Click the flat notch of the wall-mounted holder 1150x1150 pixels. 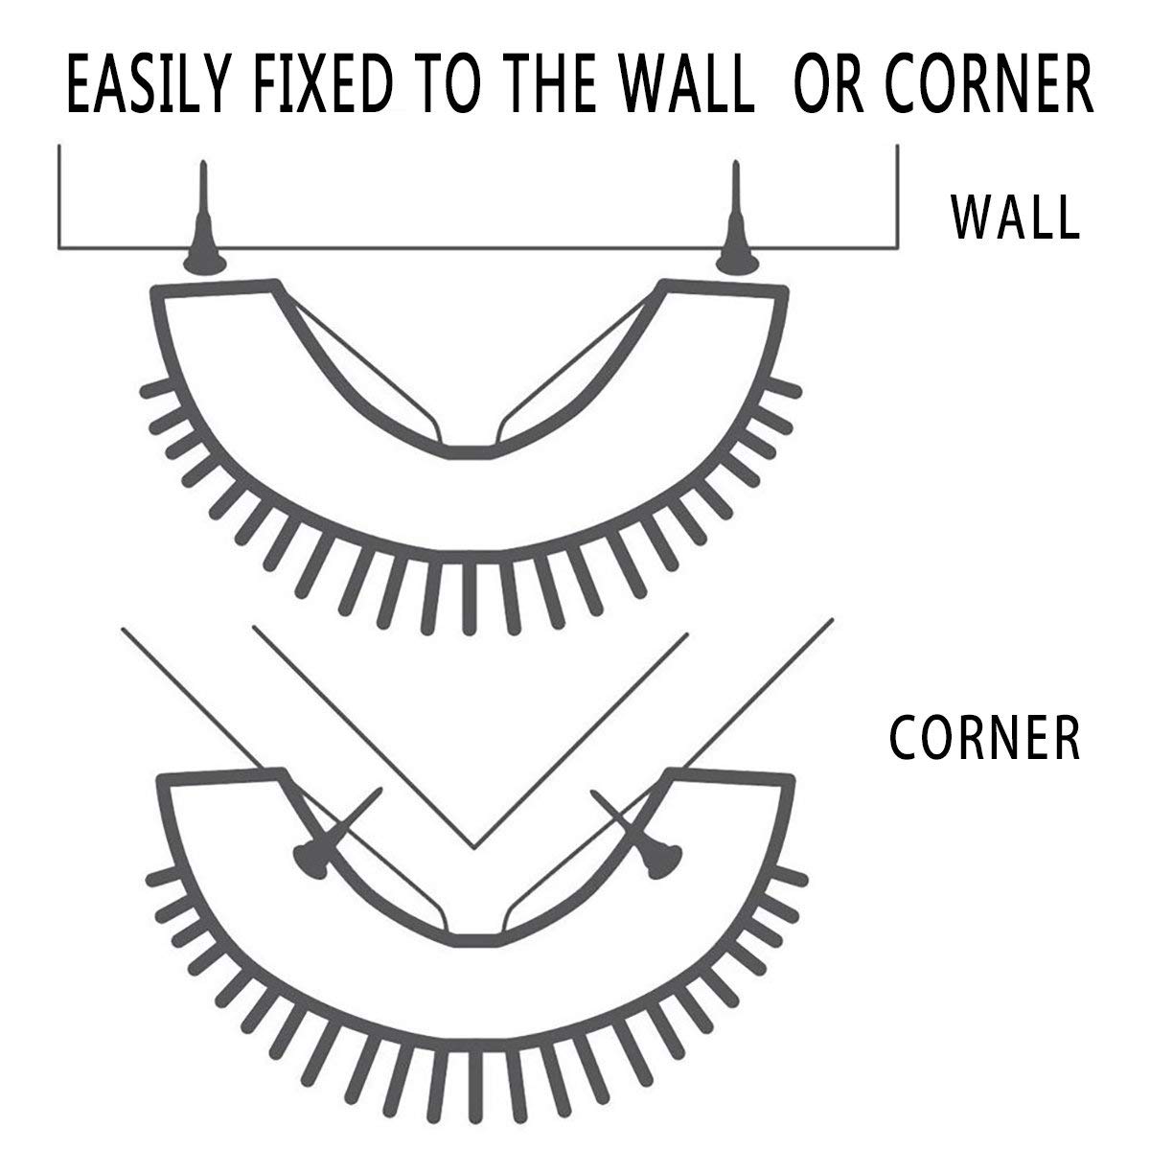(470, 451)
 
